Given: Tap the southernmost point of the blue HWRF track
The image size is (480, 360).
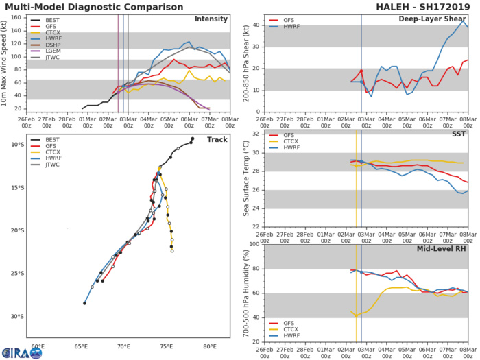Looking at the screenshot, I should click(85, 303).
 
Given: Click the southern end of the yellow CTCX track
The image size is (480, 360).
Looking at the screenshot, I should click(172, 251).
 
